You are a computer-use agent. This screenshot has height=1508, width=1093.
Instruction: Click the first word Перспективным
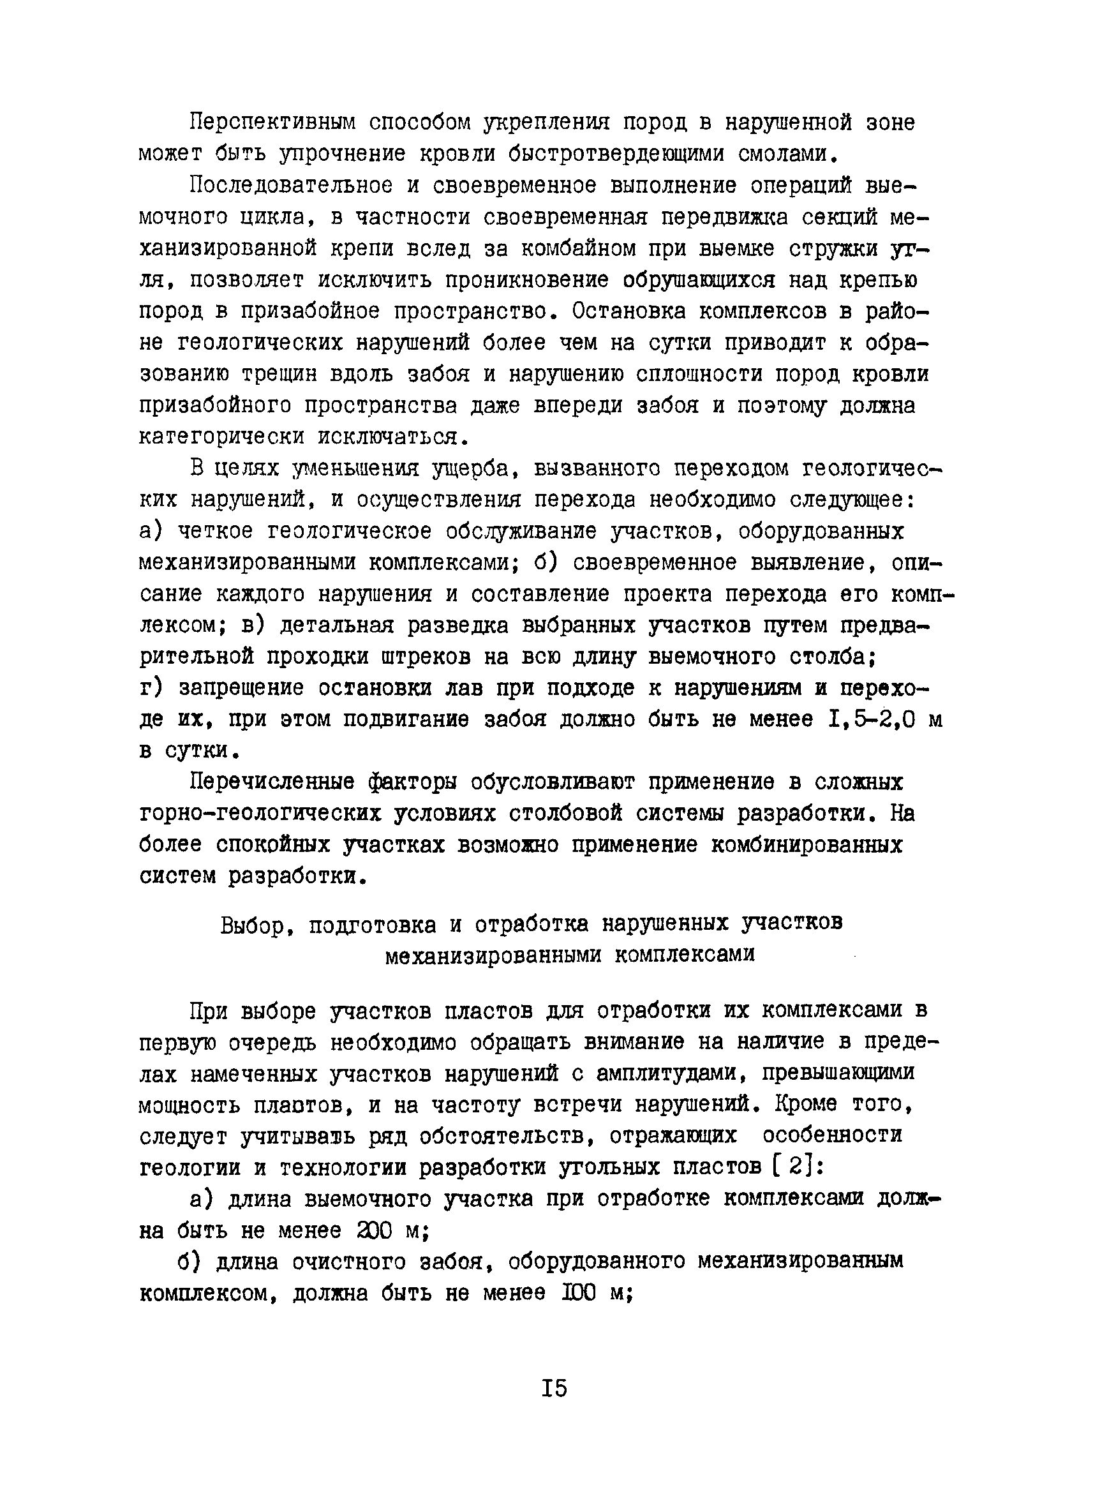(272, 123)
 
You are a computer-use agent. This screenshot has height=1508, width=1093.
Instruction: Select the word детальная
(336, 626)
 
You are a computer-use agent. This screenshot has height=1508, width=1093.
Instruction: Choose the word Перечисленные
(272, 782)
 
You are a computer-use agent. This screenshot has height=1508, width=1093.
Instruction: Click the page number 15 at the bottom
(554, 1390)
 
